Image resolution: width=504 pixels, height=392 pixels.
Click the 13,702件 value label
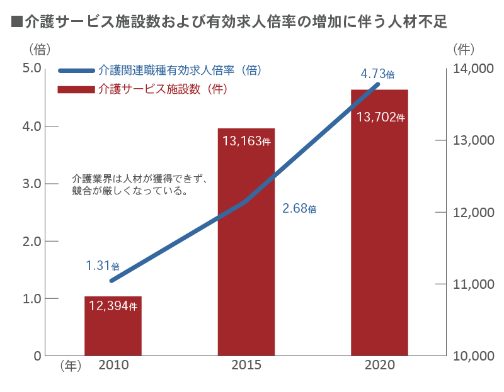380,117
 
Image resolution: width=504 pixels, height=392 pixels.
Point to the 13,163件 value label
246,141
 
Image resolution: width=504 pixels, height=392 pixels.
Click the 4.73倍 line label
377,74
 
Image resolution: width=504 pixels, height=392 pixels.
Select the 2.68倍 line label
299,208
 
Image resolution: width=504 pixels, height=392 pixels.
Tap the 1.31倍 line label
103,266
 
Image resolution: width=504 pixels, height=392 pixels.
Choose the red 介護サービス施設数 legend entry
162,89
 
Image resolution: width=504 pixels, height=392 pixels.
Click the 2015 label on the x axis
246,365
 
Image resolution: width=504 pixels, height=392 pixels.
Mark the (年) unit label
70,366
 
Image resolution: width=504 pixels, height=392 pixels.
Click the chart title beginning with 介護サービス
229,23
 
